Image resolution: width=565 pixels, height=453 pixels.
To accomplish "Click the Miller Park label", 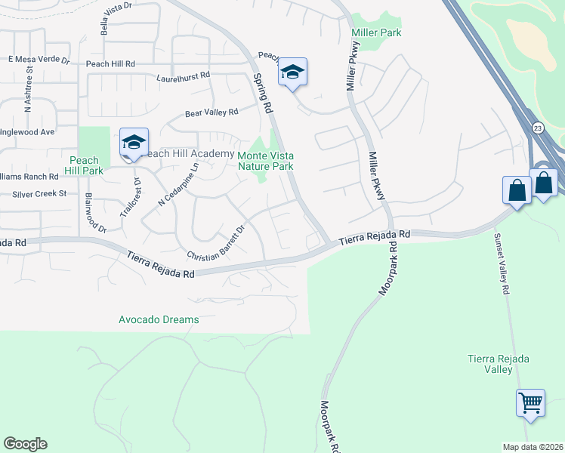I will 376,32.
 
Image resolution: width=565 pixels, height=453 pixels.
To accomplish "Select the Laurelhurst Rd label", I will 183,77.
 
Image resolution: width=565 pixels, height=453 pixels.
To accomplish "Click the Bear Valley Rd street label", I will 211,112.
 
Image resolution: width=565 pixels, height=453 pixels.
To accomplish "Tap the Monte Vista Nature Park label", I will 265,160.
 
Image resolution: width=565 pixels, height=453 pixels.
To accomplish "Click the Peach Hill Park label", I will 83,166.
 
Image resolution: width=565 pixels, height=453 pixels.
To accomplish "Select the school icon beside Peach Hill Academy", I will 134,142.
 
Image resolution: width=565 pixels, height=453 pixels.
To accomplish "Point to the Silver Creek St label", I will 39,194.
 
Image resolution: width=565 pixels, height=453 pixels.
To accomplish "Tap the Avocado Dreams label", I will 159,319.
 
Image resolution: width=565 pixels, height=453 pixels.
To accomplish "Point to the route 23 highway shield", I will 537,128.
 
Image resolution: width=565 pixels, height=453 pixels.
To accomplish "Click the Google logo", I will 25,444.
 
